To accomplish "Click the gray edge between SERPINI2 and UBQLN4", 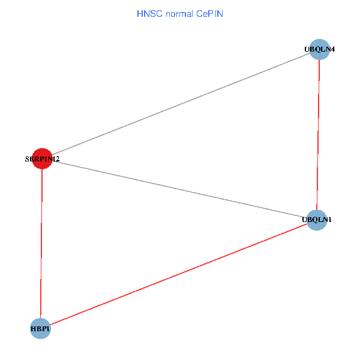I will (180, 104).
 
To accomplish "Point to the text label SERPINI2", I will (42, 159).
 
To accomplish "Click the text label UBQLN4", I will (319, 49).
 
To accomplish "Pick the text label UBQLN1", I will (316, 220).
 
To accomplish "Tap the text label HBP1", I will (40, 329).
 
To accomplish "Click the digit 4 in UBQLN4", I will (332, 49).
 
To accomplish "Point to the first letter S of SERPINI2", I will (28, 159).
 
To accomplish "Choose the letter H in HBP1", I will (34, 329).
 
